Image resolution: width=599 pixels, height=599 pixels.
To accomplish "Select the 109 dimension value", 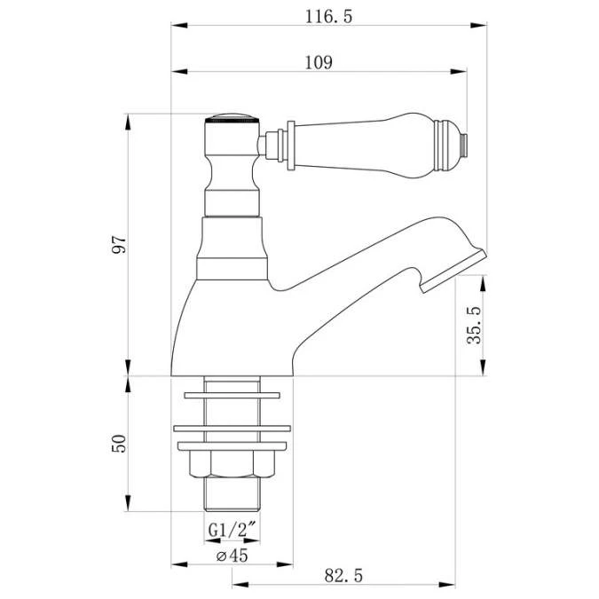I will click(319, 62).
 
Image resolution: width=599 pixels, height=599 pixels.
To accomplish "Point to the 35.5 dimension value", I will click(473, 326).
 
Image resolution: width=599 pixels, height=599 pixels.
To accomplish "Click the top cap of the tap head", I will click(233, 118).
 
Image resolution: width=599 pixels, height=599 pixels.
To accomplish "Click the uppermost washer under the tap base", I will click(233, 394).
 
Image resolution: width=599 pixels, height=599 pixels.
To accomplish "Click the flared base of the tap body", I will click(233, 337).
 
